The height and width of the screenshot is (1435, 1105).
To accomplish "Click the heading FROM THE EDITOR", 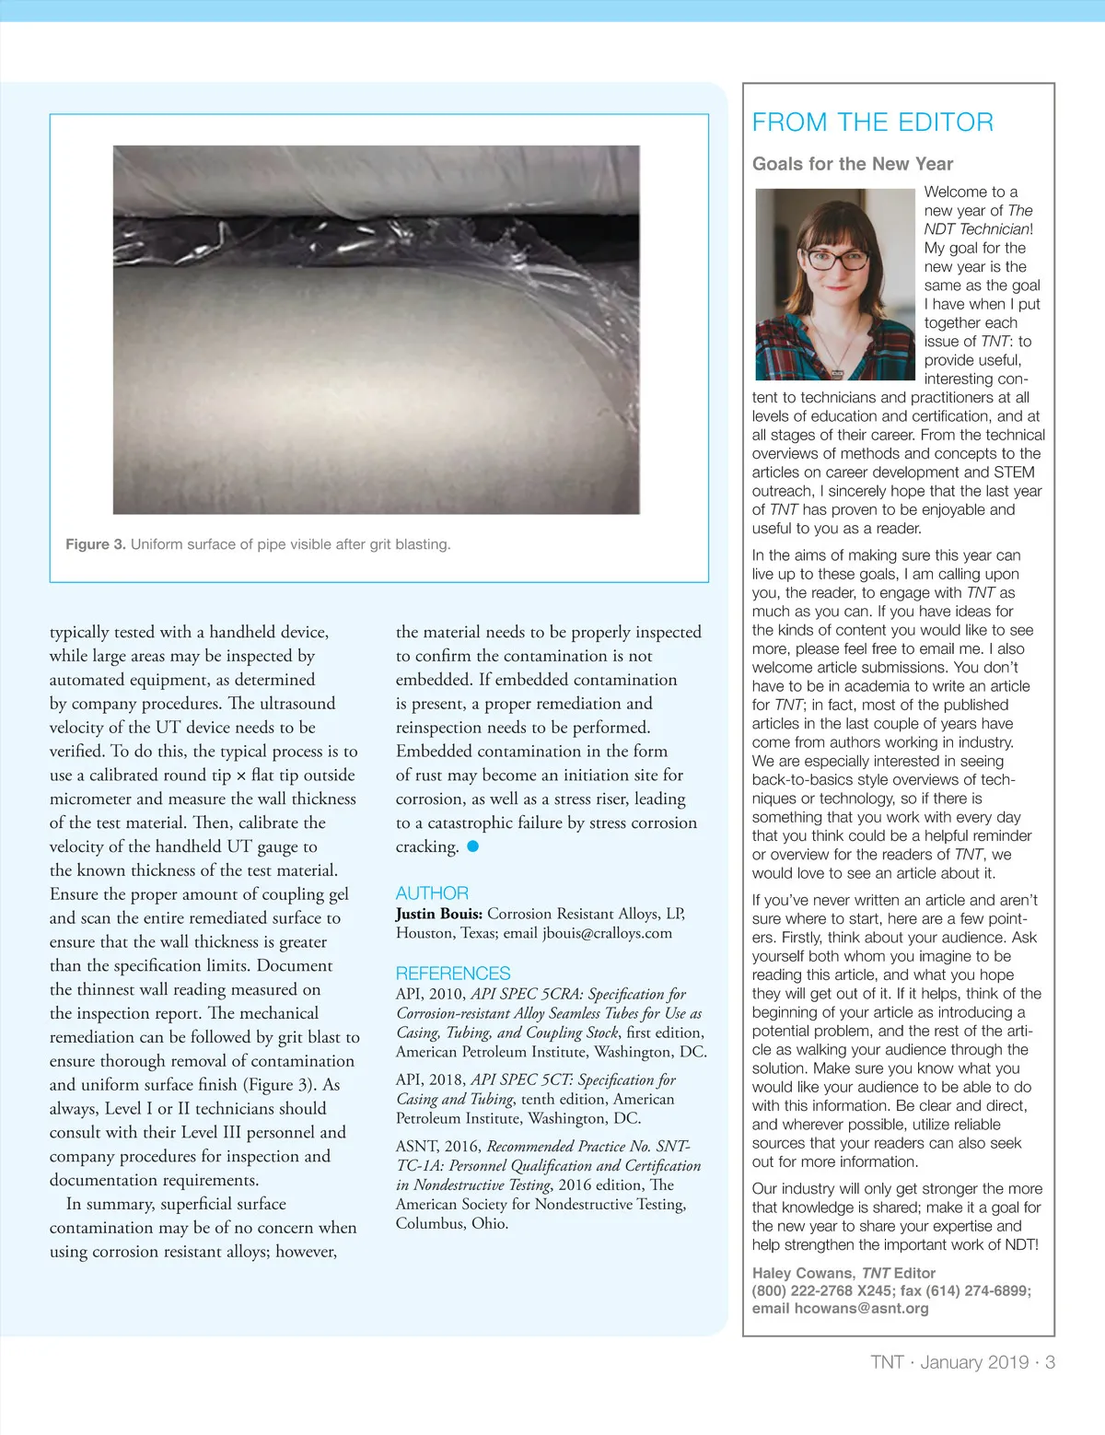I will pyautogui.click(x=872, y=122).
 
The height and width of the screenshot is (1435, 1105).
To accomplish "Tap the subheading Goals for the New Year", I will pyautogui.click(x=852, y=164).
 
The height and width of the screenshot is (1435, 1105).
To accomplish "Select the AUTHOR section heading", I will pyautogui.click(x=432, y=893).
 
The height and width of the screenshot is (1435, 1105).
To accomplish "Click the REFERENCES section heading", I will pyautogui.click(x=452, y=974).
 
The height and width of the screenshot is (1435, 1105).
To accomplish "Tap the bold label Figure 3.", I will pyautogui.click(x=95, y=544).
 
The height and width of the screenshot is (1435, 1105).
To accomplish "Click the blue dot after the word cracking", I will pyautogui.click(x=473, y=846).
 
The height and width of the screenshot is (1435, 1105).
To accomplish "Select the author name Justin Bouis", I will pyautogui.click(x=438, y=914).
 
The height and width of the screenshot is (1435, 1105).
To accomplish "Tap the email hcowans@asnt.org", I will pyautogui.click(x=861, y=1308).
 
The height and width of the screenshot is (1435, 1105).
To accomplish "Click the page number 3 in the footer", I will pyautogui.click(x=1050, y=1362).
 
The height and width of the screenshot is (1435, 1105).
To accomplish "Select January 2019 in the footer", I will pyautogui.click(x=974, y=1362).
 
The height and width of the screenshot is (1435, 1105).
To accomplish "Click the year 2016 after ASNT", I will pyautogui.click(x=461, y=1147).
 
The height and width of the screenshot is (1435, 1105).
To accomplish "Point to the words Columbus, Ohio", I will pyautogui.click(x=452, y=1224).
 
